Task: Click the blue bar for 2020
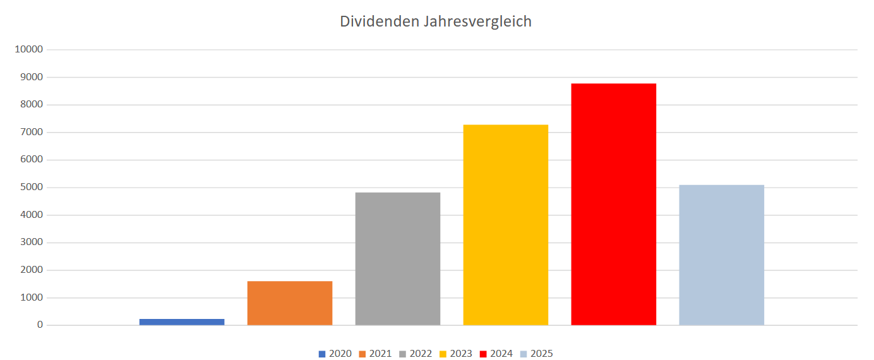pos(182,322)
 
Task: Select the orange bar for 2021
pos(290,303)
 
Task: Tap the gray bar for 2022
pos(398,259)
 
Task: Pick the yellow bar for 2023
pos(506,225)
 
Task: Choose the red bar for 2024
pos(614,204)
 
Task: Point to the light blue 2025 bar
pos(722,255)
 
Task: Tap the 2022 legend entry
pos(416,354)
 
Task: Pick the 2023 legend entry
pos(456,354)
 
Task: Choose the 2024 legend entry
pos(496,354)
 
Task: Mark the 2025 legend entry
pos(537,354)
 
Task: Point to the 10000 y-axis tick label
pos(28,50)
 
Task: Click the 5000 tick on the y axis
pos(31,188)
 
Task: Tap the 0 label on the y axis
pos(40,325)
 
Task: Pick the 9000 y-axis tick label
pos(31,77)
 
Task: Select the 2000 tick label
pos(31,270)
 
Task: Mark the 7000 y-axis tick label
pos(31,133)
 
